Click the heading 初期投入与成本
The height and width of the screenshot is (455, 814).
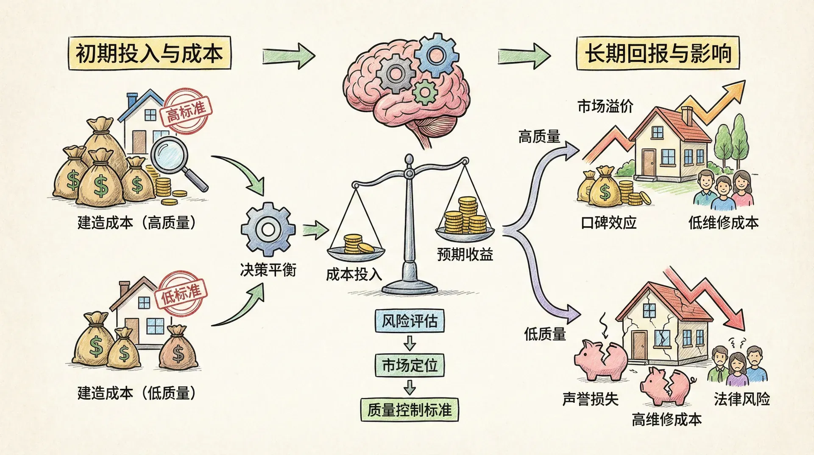click(149, 53)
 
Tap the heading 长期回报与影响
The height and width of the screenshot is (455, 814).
click(658, 53)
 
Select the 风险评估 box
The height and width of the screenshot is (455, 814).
click(410, 321)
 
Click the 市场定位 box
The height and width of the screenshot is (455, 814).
click(410, 365)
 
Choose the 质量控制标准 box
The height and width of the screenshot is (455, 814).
click(410, 410)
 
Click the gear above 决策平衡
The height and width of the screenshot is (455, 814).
click(268, 229)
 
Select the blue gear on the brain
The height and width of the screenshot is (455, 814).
click(436, 55)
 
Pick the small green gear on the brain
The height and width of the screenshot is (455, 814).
click(424, 93)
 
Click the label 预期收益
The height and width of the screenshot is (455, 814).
click(465, 254)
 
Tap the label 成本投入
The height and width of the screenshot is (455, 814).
click(354, 275)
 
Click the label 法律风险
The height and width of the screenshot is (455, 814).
click(742, 399)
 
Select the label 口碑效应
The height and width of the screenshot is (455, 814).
click(608, 222)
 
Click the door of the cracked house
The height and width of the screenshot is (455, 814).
click(639, 346)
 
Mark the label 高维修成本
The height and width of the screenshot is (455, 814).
click(666, 419)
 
